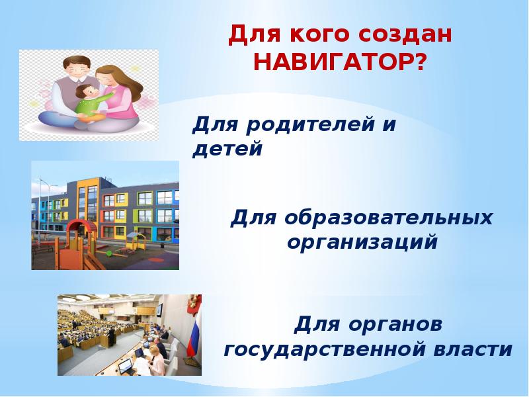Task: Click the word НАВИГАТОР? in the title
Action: (340, 62)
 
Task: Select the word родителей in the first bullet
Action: (310, 124)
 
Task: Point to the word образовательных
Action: (388, 218)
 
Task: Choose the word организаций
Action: (362, 242)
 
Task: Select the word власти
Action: (472, 349)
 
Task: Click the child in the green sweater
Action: (91, 103)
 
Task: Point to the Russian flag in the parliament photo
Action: (194, 333)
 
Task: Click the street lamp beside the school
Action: (40, 209)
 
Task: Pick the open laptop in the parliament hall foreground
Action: (125, 366)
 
